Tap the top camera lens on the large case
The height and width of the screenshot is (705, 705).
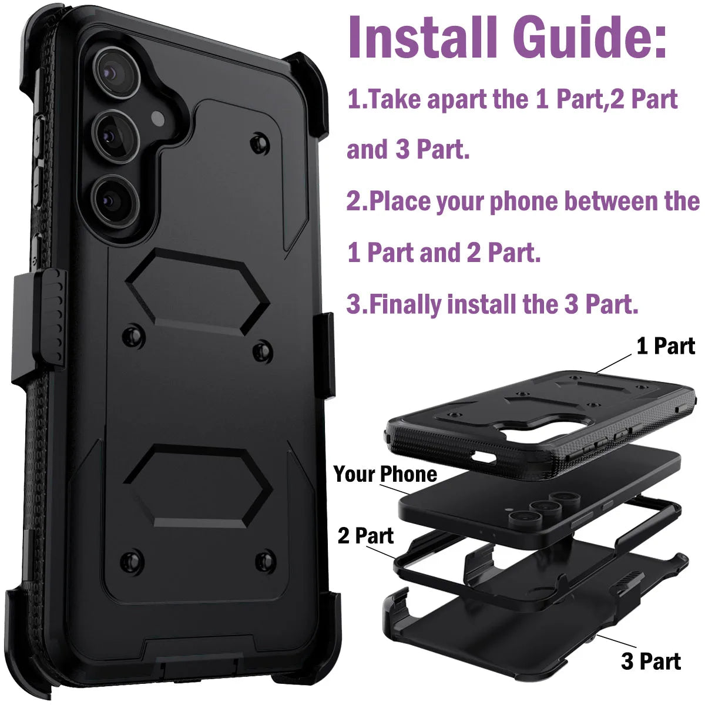[x=116, y=72]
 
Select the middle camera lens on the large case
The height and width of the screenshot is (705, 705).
[x=116, y=136]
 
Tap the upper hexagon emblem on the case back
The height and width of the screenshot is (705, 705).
[x=197, y=291]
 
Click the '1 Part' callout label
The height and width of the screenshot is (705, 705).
[x=666, y=346]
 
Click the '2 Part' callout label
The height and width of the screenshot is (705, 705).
[x=365, y=536]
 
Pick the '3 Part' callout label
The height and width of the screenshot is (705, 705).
[x=651, y=662]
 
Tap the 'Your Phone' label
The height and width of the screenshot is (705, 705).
[x=385, y=474]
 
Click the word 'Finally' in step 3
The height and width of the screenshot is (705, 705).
[x=404, y=304]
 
